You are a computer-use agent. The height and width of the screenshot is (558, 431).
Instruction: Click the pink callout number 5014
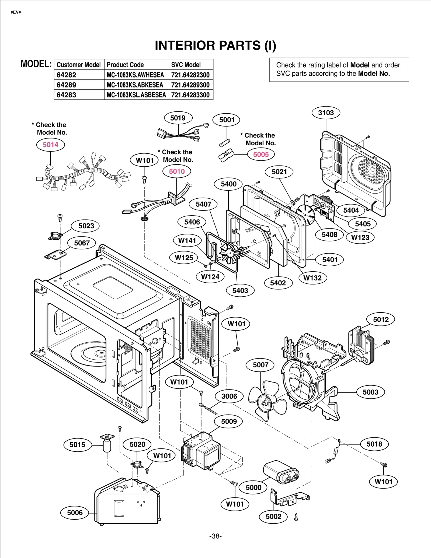pyautogui.click(x=51, y=145)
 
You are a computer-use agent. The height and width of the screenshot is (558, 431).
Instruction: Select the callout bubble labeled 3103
pyautogui.click(x=326, y=113)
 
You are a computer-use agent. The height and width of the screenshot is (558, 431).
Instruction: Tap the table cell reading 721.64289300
pyautogui.click(x=190, y=85)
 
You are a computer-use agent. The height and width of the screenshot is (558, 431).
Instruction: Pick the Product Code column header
pyautogui.click(x=125, y=65)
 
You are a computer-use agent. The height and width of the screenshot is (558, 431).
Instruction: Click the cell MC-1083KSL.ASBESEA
pyautogui.click(x=136, y=95)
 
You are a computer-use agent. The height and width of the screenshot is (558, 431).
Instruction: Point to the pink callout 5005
pyautogui.click(x=261, y=155)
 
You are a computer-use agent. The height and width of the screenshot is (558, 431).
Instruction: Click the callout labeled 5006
pyautogui.click(x=75, y=513)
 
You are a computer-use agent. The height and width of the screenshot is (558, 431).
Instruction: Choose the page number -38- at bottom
pyautogui.click(x=215, y=536)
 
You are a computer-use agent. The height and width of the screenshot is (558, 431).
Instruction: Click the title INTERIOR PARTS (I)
pyautogui.click(x=215, y=45)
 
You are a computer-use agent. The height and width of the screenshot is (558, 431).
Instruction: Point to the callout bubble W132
pyautogui.click(x=312, y=278)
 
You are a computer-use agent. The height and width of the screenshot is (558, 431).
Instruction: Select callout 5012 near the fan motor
pyautogui.click(x=381, y=320)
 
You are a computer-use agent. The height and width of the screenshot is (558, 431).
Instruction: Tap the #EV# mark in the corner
pyautogui.click(x=16, y=12)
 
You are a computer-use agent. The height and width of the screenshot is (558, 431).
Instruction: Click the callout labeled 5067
pyautogui.click(x=82, y=243)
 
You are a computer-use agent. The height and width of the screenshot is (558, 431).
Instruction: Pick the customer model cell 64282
pyautogui.click(x=67, y=75)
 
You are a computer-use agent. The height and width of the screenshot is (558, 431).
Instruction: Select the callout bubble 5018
pyautogui.click(x=374, y=444)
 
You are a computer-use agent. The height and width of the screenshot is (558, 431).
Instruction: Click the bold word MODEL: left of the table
pyautogui.click(x=36, y=64)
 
